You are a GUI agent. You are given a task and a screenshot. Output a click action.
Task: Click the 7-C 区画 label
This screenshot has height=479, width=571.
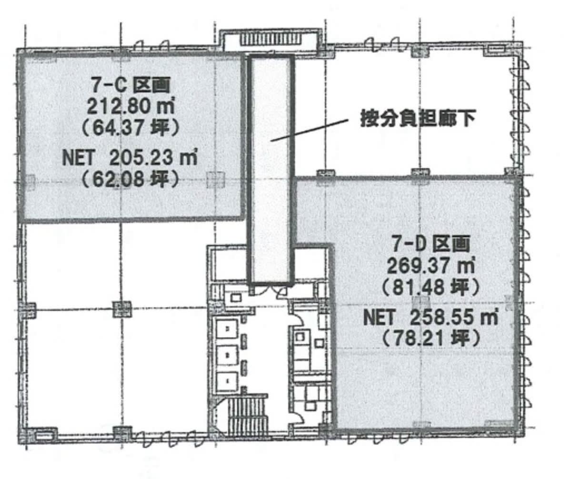[130, 85]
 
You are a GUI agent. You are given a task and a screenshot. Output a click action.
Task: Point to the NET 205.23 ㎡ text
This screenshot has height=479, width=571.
[130, 157]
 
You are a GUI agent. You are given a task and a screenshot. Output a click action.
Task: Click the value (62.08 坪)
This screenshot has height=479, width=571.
[130, 179]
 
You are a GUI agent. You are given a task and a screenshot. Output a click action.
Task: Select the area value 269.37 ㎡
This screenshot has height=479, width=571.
[431, 265]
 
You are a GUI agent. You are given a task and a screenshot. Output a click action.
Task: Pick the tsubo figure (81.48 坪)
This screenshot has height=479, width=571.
[431, 287]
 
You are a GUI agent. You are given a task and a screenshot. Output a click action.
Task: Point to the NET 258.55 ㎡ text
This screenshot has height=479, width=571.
[431, 317]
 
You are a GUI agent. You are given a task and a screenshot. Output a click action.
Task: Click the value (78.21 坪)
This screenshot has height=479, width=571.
[431, 339]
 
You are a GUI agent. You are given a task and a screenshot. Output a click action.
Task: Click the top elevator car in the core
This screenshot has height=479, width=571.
[227, 329]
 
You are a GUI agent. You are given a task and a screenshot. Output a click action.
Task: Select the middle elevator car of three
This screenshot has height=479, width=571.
[227, 354]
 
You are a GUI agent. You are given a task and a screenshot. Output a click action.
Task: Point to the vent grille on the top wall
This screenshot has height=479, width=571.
[271, 40]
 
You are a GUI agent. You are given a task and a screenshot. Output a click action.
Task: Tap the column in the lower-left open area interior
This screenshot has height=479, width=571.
[121, 309]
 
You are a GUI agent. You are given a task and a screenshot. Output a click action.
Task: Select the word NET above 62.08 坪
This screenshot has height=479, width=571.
[78, 158]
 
